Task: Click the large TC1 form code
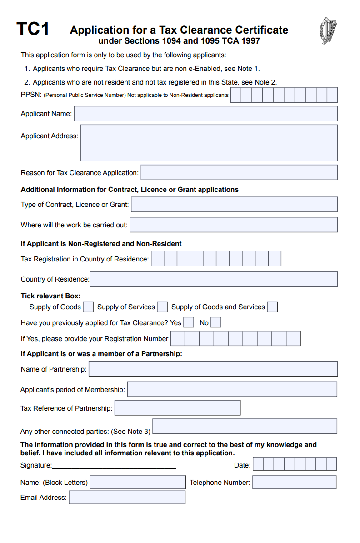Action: pos(33,30)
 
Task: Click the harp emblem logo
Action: pos(328,30)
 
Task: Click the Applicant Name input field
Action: pos(205,114)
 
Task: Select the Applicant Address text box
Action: pos(209,143)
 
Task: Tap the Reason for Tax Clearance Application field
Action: pos(239,173)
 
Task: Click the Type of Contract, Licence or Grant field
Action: pos(234,205)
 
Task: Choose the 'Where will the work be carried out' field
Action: pos(234,225)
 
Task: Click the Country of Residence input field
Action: pos(214,279)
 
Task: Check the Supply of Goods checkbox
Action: pos(88,307)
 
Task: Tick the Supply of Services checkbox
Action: pos(162,307)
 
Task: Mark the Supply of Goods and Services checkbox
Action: pos(272,307)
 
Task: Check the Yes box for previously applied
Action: pos(189,323)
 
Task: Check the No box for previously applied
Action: pos(216,323)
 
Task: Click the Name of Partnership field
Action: pos(213,369)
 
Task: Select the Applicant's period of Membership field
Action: pos(232,389)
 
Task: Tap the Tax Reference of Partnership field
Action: pos(177,408)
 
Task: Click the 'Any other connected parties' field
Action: pos(245,427)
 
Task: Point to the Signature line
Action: pos(114,466)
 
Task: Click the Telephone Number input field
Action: pos(294,482)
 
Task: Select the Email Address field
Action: pos(127,498)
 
